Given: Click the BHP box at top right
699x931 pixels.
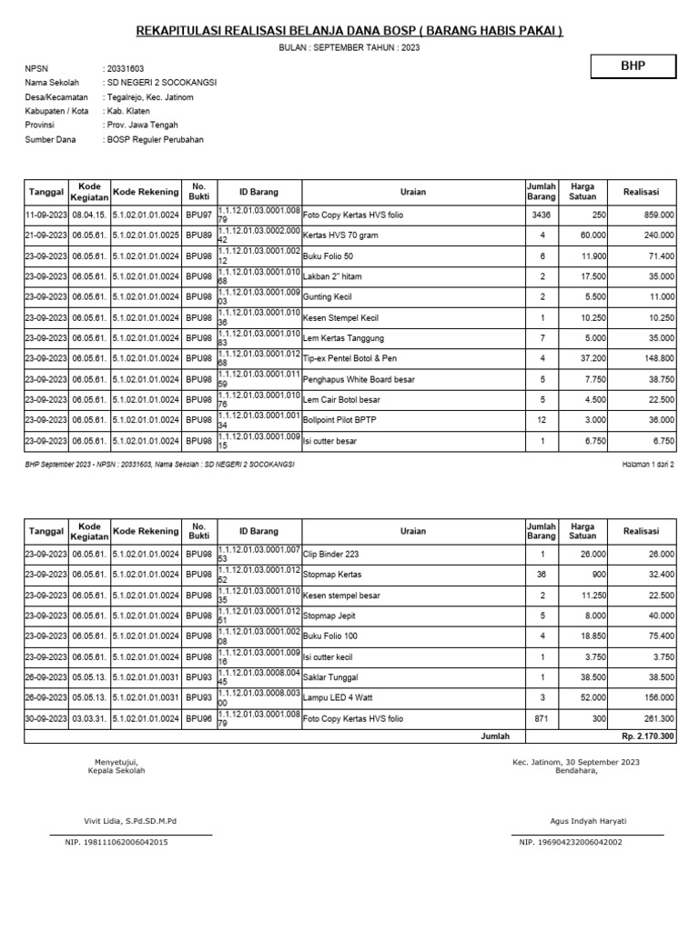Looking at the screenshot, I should coord(633,66).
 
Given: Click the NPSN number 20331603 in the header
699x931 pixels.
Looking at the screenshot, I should coord(125,68).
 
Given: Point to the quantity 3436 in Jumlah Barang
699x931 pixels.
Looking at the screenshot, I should coord(540,215).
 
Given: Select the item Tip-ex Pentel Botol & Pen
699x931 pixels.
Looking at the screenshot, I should coord(349,358).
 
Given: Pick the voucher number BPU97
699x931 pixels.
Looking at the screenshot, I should coord(198,215).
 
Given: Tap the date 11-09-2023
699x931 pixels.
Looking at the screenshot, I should coord(46,215).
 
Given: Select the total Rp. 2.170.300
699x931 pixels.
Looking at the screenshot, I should coord(648,736).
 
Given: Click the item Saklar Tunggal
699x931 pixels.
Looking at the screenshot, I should coord(330,677).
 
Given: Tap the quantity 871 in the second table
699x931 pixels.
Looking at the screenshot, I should coord(540,718).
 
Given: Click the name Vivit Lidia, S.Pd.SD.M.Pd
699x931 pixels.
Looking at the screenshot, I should coord(130,821).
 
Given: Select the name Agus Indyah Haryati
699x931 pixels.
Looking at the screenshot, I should coord(588,821).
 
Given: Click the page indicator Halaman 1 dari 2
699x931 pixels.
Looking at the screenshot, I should coord(646,464).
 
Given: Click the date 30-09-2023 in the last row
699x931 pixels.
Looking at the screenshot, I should coord(46,718).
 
